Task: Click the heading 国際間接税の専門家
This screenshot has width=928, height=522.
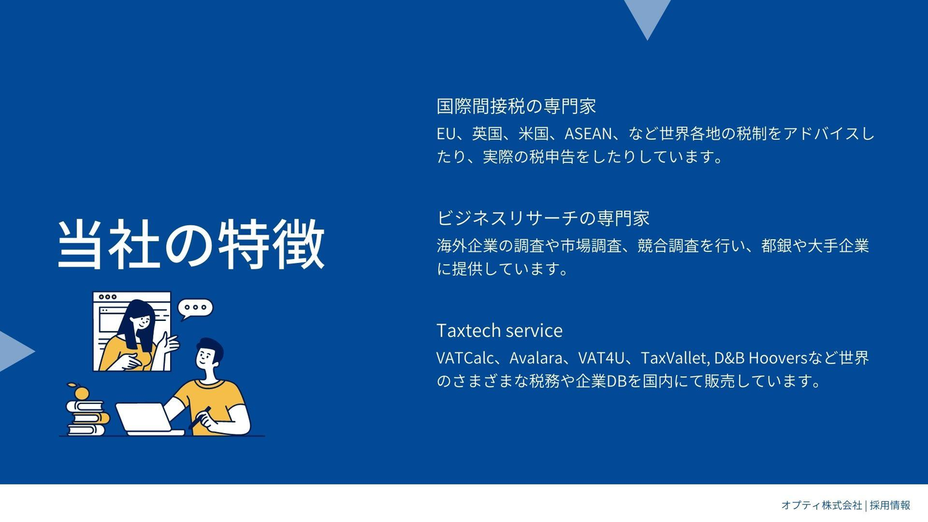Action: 516,106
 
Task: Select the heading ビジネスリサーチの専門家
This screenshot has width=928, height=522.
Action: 543,218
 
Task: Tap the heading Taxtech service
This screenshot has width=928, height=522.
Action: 499,331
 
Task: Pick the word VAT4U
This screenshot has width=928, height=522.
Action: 601,358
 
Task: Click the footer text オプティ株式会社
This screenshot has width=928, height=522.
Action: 822,505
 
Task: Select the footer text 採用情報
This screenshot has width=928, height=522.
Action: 890,505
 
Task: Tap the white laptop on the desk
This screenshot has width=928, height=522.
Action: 149,420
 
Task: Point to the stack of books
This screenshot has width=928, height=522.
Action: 87,418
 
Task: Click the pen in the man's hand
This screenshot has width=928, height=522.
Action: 200,417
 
